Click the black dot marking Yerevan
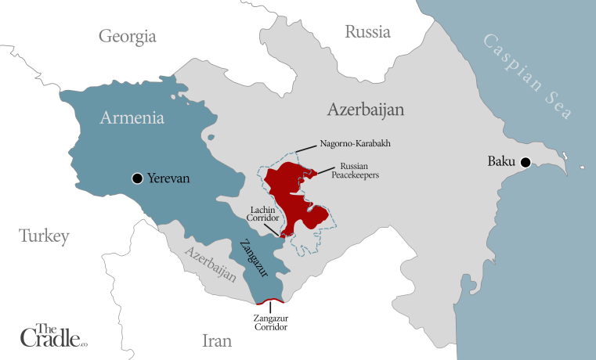pyautogui.click(x=138, y=178)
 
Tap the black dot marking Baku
pyautogui.click(x=526, y=163)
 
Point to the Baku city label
pyautogui.click(x=501, y=163)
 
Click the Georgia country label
pyautogui.click(x=128, y=36)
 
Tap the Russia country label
pyautogui.click(x=367, y=32)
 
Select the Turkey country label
pyautogui.click(x=44, y=236)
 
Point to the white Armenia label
pyautogui.click(x=132, y=119)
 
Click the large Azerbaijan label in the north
pyautogui.click(x=366, y=110)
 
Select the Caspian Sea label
pyautogui.click(x=526, y=76)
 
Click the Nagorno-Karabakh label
pyautogui.click(x=355, y=145)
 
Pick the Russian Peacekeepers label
pyautogui.click(x=359, y=171)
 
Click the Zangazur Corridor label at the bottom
pyautogui.click(x=271, y=323)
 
